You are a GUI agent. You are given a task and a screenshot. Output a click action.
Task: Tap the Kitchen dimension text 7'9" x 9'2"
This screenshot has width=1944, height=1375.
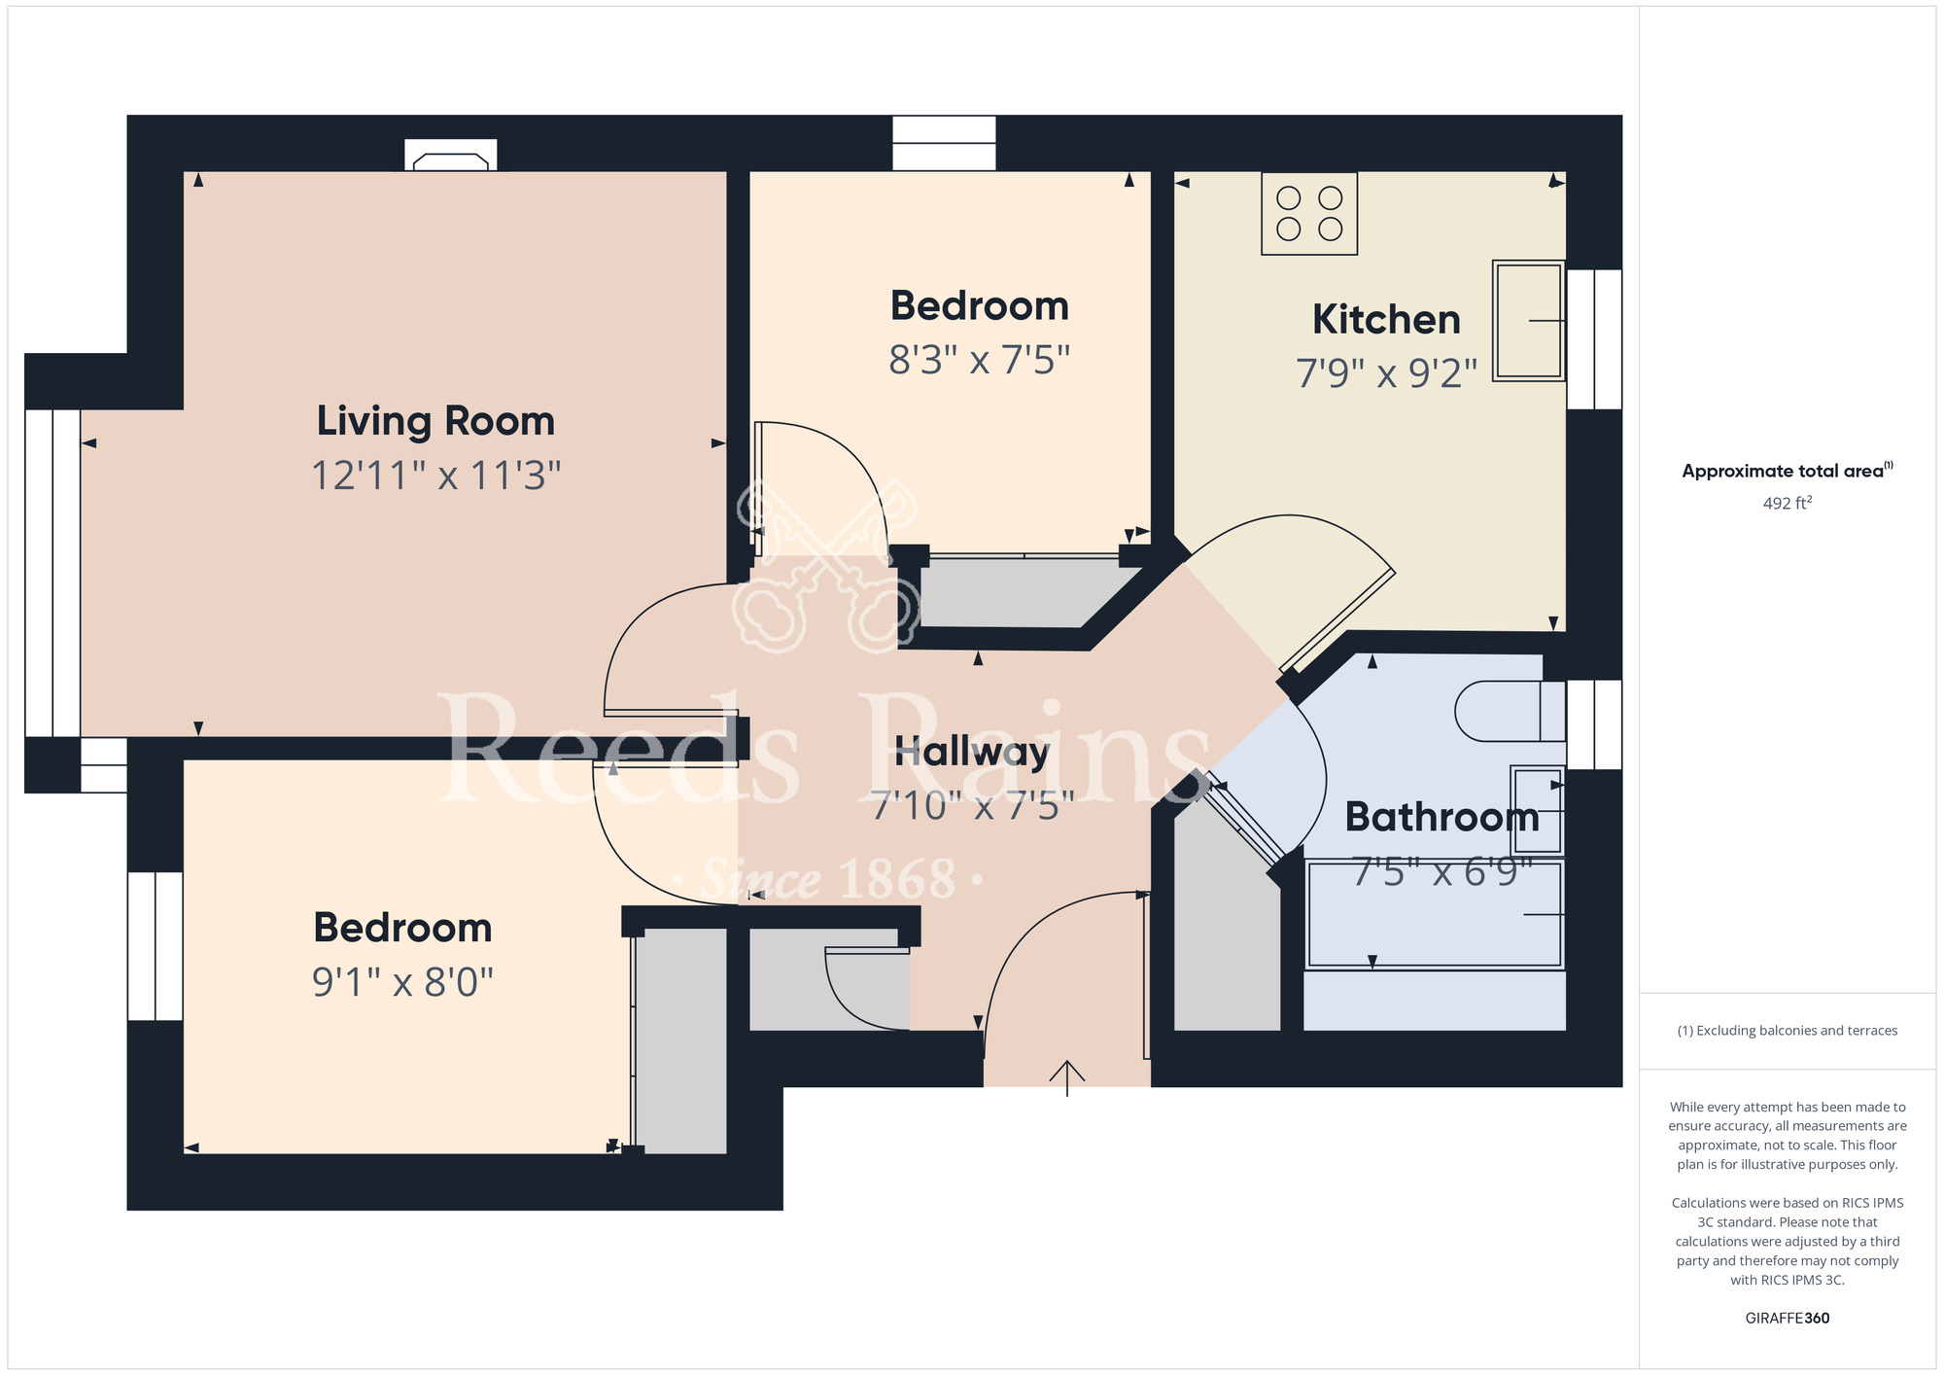click(1386, 373)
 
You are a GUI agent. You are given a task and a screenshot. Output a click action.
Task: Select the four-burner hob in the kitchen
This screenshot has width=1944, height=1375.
click(1309, 214)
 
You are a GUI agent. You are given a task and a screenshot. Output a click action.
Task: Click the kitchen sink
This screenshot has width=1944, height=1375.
click(1529, 320)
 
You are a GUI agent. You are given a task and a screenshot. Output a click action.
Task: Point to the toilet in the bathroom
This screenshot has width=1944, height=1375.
click(1510, 712)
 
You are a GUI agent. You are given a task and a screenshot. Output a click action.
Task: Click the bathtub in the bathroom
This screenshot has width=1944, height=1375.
click(1435, 915)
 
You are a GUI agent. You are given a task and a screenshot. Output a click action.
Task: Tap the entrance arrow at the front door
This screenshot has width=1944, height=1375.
click(1067, 1077)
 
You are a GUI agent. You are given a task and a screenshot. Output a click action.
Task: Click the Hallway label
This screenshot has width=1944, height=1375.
click(972, 753)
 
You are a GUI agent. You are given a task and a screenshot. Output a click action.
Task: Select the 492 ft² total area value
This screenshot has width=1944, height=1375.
click(1787, 503)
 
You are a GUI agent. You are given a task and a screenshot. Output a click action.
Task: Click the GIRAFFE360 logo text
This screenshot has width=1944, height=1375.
click(1787, 1319)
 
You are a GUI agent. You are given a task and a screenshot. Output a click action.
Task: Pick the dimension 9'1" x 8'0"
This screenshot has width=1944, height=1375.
click(402, 982)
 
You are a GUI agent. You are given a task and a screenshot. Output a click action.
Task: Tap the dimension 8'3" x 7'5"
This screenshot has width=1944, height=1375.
click(979, 360)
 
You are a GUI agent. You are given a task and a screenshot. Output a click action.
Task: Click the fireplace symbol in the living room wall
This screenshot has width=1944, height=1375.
click(451, 156)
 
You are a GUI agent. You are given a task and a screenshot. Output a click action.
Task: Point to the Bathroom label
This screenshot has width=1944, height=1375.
click(1442, 818)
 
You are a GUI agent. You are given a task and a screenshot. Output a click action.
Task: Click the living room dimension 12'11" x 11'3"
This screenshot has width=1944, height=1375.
click(435, 476)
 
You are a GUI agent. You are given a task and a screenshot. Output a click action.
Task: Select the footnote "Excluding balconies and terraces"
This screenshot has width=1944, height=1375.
click(1796, 1031)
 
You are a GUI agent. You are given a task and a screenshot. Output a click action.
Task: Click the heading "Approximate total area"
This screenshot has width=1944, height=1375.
click(1783, 472)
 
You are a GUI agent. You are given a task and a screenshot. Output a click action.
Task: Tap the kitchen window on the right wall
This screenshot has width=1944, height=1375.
click(1594, 338)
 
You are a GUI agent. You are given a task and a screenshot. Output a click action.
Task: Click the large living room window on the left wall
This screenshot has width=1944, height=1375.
click(52, 573)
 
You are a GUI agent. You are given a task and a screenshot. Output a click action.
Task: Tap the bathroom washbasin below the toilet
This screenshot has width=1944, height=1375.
click(1538, 810)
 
